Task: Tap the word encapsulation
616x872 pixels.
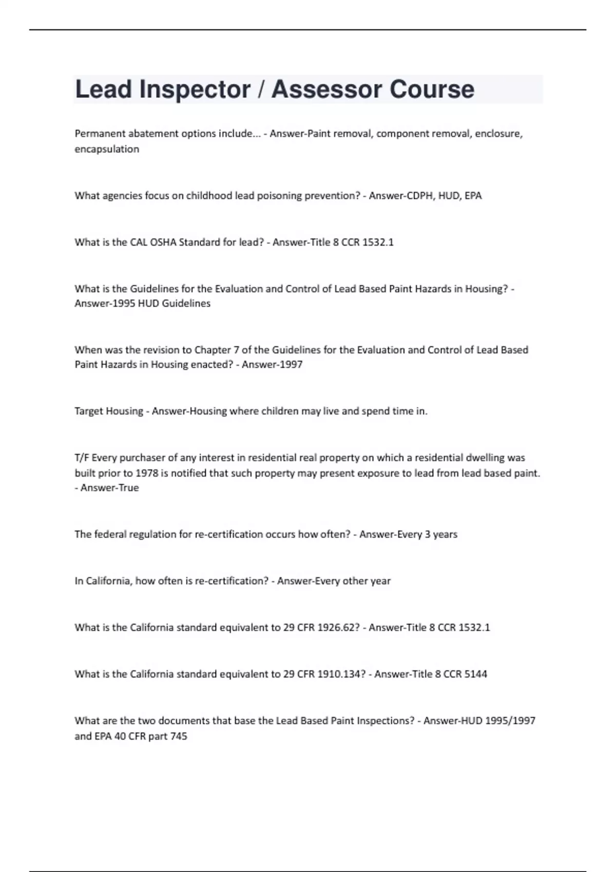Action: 107,149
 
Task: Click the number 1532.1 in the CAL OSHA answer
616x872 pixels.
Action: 378,242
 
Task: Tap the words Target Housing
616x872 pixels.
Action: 109,411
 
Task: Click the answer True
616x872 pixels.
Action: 129,488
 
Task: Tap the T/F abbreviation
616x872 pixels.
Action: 82,458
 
